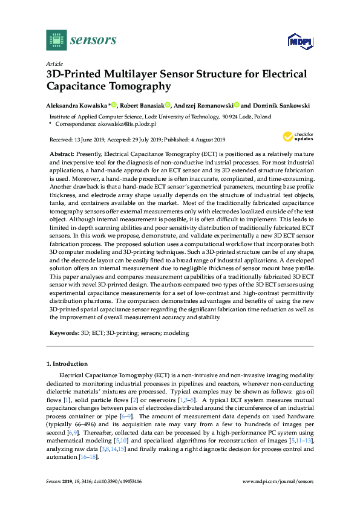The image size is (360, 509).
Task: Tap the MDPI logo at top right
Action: point(300,41)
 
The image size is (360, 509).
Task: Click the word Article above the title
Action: point(54,63)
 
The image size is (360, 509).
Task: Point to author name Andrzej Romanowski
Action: point(203,105)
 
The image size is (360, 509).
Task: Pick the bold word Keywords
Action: point(64,332)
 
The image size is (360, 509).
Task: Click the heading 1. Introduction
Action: point(67,364)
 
